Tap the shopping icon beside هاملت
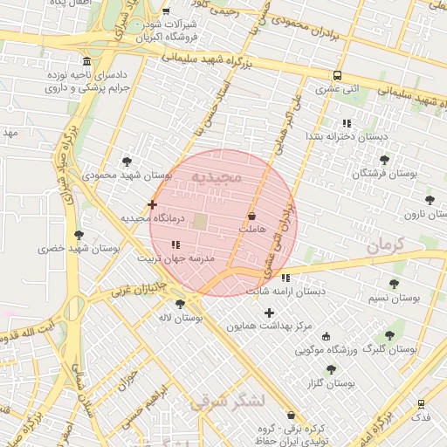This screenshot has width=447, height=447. click(252, 215)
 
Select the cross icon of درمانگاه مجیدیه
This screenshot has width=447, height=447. click(153, 204)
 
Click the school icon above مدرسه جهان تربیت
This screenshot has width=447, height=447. click(175, 245)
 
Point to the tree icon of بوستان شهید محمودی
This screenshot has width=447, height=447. click(127, 162)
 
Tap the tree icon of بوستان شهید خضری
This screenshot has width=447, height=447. click(79, 235)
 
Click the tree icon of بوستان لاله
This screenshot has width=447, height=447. click(180, 304)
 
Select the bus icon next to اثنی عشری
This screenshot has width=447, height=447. click(337, 76)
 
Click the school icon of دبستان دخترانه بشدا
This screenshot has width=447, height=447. click(347, 123)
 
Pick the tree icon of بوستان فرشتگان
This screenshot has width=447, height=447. click(384, 160)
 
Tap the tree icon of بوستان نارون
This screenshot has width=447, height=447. click(430, 200)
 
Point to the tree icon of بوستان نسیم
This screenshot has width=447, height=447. click(394, 284)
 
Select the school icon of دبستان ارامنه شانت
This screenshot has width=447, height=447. click(285, 278)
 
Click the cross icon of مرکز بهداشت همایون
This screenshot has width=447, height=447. click(269, 313)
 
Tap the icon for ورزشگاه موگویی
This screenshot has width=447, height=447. click(327, 336)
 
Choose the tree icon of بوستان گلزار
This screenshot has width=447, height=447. click(331, 369)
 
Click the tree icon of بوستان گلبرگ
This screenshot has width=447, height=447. click(389, 334)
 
